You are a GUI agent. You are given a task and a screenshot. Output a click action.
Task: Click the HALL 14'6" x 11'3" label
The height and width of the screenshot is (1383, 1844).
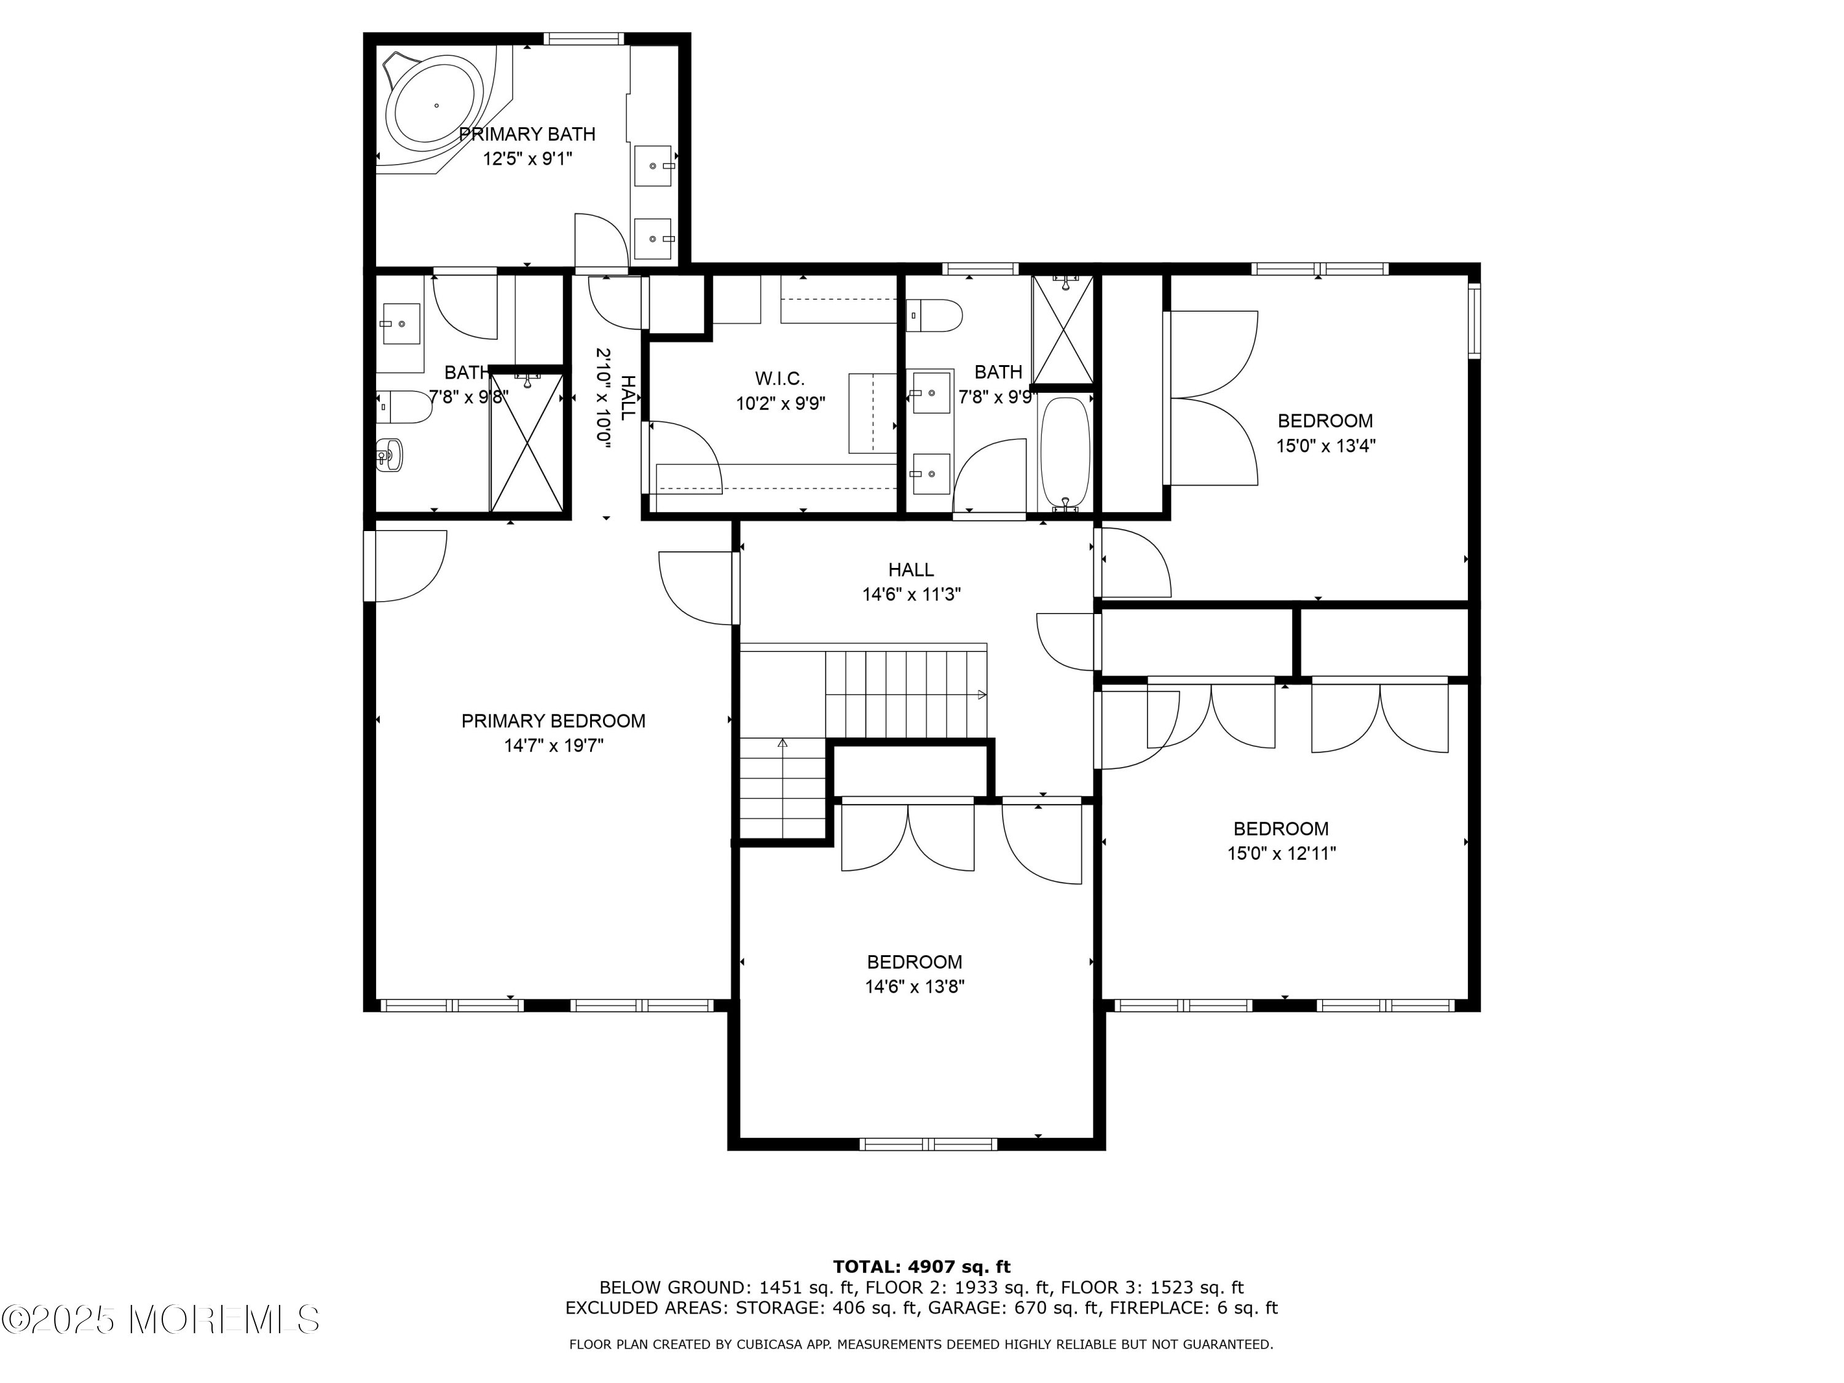911,582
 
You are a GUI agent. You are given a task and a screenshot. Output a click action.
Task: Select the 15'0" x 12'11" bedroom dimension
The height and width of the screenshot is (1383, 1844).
1282,854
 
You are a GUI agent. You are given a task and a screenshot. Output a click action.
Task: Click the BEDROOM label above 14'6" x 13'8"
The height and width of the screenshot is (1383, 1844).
915,962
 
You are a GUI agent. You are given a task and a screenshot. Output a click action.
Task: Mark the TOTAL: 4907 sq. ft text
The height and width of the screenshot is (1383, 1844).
921,1267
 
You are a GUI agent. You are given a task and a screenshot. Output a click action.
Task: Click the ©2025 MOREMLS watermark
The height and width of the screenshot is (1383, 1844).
160,1320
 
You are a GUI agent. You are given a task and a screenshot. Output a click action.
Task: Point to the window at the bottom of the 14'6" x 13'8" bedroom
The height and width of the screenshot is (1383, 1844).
928,1145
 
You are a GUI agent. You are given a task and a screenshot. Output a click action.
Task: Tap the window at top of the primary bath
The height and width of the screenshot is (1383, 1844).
583,38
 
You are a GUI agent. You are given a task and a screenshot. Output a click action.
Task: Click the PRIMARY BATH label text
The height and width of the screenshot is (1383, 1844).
527,134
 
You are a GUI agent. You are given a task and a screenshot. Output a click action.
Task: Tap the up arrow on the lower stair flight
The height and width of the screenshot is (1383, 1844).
782,742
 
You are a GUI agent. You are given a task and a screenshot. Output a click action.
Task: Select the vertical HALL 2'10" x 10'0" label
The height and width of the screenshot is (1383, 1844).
615,398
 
